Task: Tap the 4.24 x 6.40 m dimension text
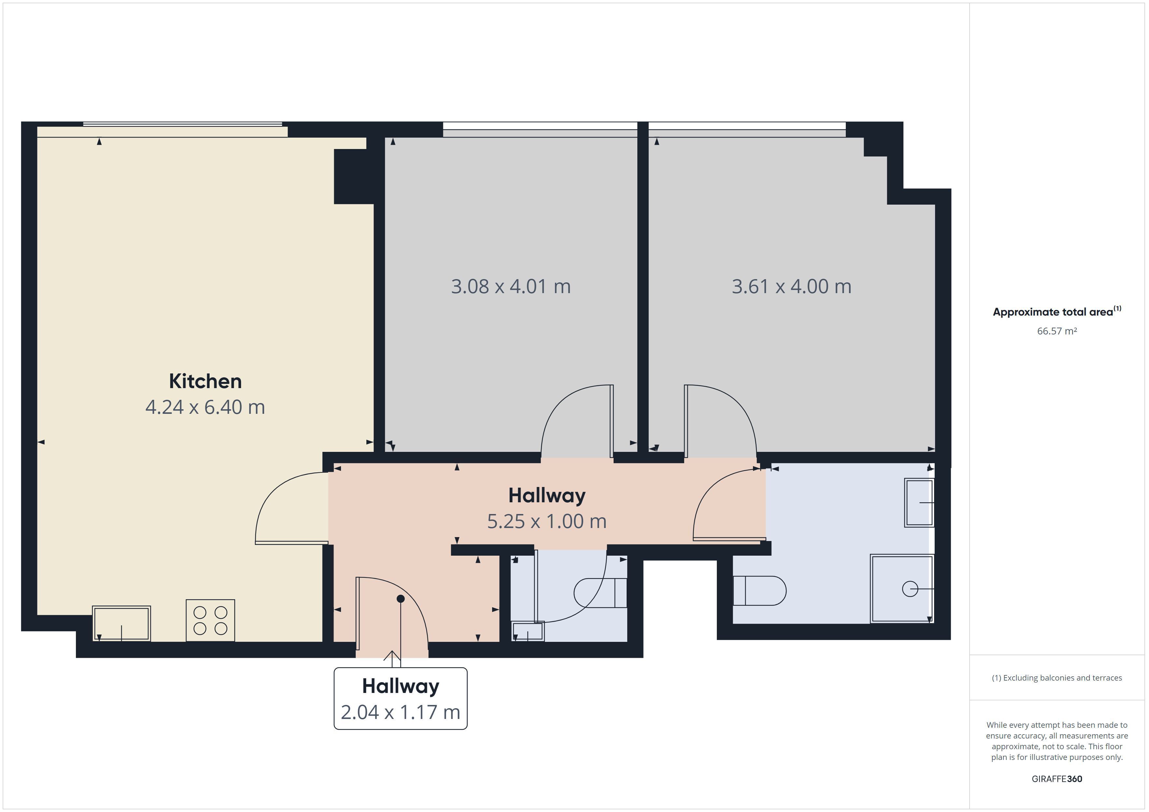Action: click(x=205, y=407)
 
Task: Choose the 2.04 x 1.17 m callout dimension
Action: click(x=400, y=712)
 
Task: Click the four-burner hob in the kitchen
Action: click(x=210, y=620)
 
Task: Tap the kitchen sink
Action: click(x=121, y=624)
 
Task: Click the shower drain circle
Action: click(x=910, y=589)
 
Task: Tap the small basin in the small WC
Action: click(x=528, y=631)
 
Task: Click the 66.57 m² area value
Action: click(x=1057, y=331)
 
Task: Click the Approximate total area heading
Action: click(x=1057, y=312)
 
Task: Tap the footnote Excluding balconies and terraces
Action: click(x=1057, y=678)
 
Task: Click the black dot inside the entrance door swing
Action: click(x=400, y=599)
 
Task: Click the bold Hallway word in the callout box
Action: click(x=400, y=686)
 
